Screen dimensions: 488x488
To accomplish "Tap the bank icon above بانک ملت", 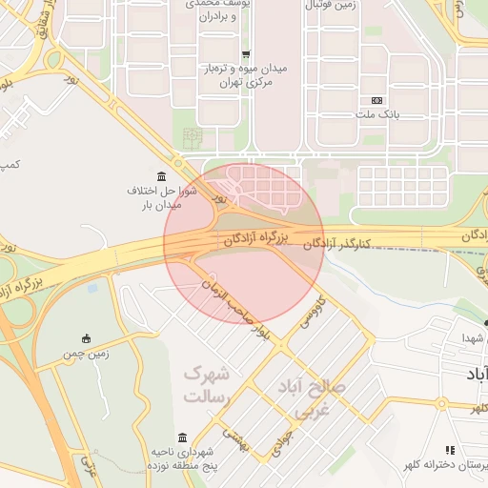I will tap(377, 100).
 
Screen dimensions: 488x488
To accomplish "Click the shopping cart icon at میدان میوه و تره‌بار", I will tap(247, 54).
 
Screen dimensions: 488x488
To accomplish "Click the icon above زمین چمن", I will tap(88, 338).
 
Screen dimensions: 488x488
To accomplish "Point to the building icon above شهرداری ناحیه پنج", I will tap(182, 437).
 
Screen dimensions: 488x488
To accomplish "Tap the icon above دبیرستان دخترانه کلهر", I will tap(450, 450).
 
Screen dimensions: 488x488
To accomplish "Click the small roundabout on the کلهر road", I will tap(441, 403).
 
